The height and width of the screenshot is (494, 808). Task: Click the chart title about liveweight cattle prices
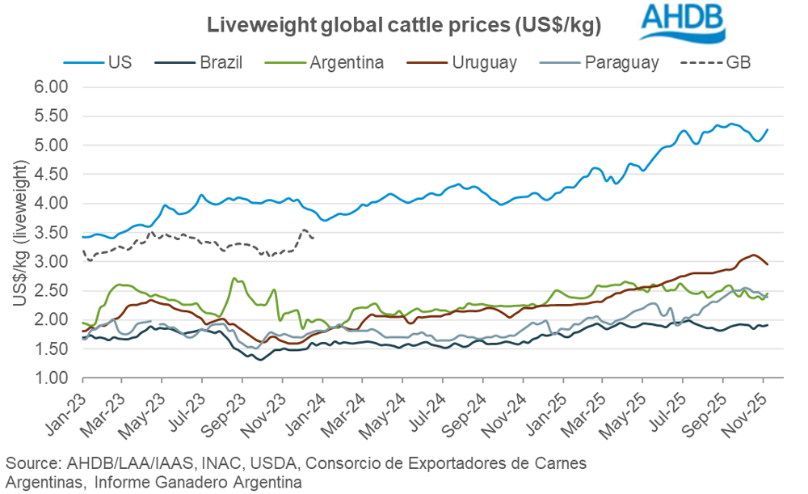(404, 25)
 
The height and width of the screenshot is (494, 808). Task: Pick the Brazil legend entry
(219, 62)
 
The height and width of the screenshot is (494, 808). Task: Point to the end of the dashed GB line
(313, 235)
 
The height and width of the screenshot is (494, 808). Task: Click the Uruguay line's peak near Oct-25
(753, 255)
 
